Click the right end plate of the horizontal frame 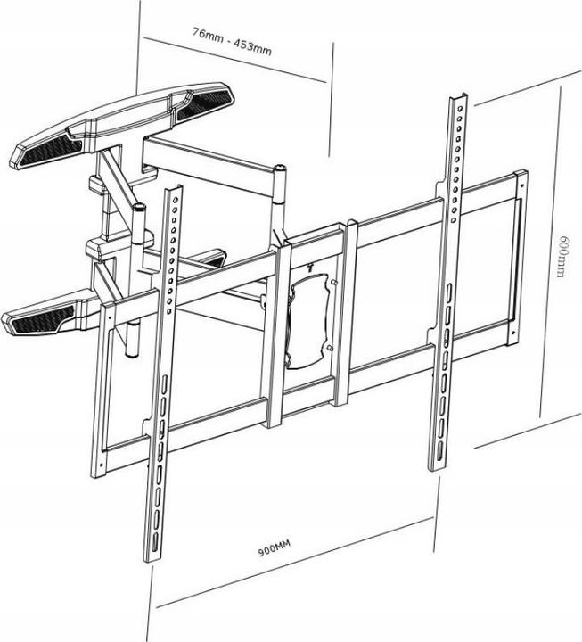click(x=515, y=259)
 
